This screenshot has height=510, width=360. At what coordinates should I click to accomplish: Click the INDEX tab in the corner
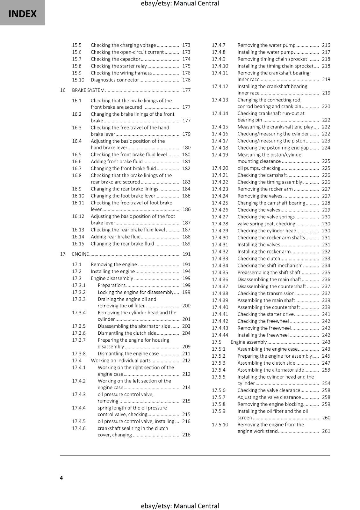(x=22, y=13)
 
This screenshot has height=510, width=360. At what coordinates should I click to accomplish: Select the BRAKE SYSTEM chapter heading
(x=88, y=90)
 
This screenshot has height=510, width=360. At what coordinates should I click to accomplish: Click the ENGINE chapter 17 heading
(x=80, y=254)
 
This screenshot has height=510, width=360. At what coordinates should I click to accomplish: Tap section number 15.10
(x=78, y=80)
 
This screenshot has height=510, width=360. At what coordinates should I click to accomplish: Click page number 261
(x=326, y=431)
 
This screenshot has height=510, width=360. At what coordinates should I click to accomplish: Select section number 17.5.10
(x=220, y=425)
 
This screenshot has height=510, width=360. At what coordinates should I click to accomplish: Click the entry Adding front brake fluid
(x=117, y=162)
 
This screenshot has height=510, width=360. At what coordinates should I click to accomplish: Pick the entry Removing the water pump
(x=266, y=45)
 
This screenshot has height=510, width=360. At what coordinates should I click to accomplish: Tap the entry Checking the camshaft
(x=262, y=175)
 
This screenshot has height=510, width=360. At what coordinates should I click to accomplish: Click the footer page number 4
(x=61, y=478)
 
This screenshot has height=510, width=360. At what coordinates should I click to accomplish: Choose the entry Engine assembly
(x=248, y=342)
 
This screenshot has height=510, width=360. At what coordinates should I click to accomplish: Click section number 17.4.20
(x=220, y=168)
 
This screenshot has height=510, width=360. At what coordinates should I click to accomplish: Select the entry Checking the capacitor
(x=115, y=59)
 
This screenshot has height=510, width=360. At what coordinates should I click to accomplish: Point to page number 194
(x=186, y=272)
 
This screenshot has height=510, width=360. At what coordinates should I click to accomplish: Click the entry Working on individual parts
(x=120, y=361)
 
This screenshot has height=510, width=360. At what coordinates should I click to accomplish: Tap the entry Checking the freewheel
(x=263, y=321)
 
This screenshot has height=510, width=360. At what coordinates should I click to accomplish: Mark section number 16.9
(x=76, y=189)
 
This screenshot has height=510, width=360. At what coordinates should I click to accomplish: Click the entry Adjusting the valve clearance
(x=269, y=397)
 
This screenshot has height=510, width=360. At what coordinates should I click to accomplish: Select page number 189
(x=186, y=244)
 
